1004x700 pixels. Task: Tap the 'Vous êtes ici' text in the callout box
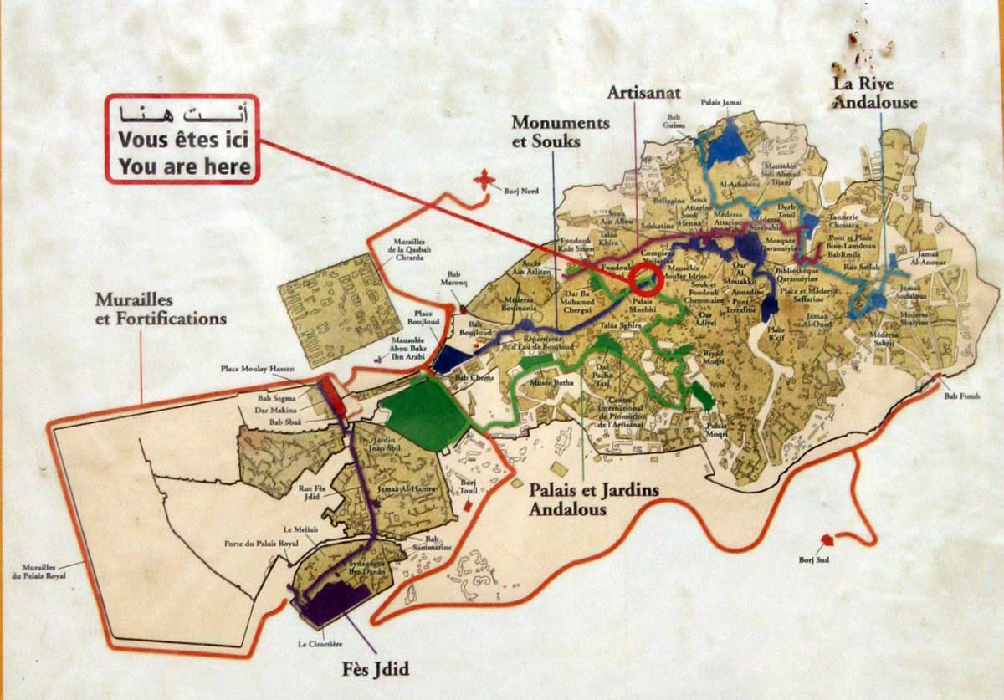pyautogui.click(x=183, y=140)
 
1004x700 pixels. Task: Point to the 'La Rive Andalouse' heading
pyautogui.click(x=873, y=93)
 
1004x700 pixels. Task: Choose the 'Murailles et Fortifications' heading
pyautogui.click(x=161, y=309)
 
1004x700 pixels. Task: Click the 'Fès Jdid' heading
pyautogui.click(x=375, y=669)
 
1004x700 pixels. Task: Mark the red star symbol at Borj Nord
pyautogui.click(x=484, y=180)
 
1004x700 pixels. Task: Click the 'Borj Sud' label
pyautogui.click(x=812, y=559)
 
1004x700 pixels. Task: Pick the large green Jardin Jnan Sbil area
pyautogui.click(x=423, y=411)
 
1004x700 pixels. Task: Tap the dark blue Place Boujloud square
pyautogui.click(x=453, y=359)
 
